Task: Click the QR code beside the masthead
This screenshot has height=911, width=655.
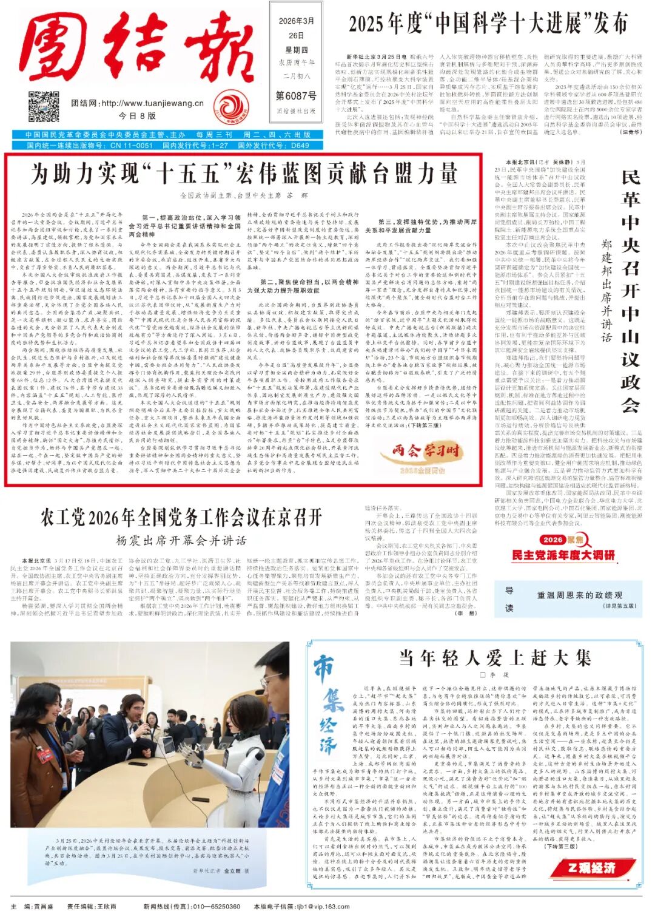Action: tap(44, 106)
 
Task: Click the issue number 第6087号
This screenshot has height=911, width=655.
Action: tap(296, 96)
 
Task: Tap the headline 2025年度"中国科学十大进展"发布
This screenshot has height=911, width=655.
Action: tap(488, 25)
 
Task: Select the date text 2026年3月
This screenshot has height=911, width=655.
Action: tap(296, 21)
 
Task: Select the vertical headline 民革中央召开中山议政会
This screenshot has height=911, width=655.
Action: tap(630, 291)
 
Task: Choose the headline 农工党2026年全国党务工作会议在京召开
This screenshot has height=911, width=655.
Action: tap(181, 518)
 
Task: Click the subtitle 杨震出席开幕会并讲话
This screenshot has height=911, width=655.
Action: tap(181, 540)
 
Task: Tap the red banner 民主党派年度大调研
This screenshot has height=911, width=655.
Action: tap(563, 555)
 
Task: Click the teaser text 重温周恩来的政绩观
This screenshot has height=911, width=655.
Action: tap(579, 595)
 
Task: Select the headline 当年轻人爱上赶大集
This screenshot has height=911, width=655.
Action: tap(494, 658)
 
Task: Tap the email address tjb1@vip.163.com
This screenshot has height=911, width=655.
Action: tap(323, 906)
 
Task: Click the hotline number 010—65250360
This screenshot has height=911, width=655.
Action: tap(216, 906)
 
